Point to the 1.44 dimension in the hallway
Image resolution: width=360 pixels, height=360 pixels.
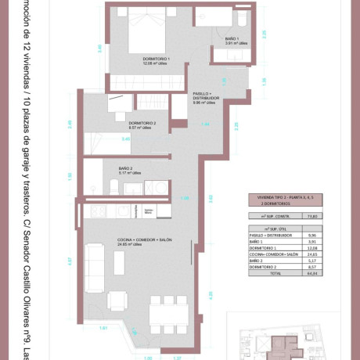pos(207,124)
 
